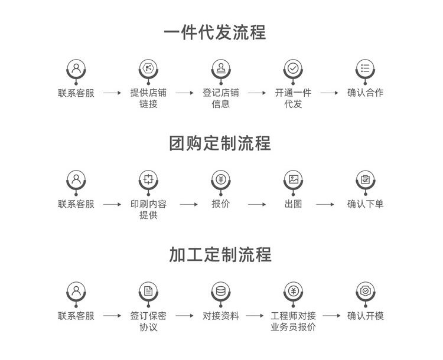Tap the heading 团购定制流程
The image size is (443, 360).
(220, 143)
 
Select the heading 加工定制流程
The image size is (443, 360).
(220, 255)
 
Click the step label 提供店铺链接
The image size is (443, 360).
(148, 99)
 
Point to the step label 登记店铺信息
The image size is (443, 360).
(220, 99)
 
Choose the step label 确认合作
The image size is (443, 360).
(365, 93)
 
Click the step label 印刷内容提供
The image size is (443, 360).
(148, 210)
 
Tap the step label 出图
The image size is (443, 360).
(293, 204)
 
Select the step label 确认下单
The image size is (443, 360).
(365, 204)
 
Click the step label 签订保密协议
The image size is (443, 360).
(148, 321)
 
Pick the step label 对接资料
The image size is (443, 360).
(220, 316)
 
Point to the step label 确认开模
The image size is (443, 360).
(365, 316)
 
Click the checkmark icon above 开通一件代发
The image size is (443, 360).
(293, 68)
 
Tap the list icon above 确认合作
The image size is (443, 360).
(366, 68)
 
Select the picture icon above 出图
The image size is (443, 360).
(293, 179)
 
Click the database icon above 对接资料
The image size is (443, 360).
(221, 291)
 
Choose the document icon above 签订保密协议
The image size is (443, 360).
(148, 291)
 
